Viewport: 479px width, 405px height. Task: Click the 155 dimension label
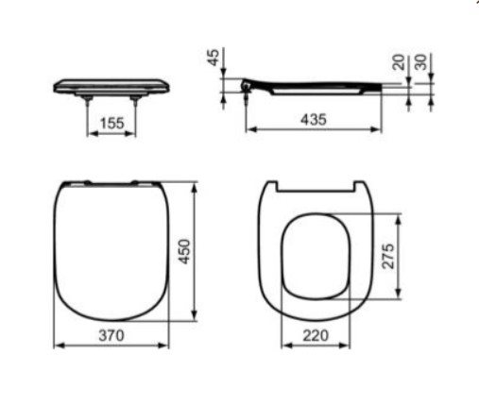pyautogui.click(x=111, y=123)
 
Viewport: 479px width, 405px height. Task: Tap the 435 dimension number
pyautogui.click(x=314, y=120)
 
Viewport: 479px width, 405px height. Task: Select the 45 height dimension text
pyautogui.click(x=214, y=58)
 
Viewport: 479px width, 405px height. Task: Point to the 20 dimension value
pyautogui.click(x=399, y=62)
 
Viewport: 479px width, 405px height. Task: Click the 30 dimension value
pyautogui.click(x=421, y=62)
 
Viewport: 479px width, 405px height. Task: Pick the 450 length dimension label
pyautogui.click(x=184, y=252)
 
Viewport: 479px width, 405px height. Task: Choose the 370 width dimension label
pyautogui.click(x=111, y=335)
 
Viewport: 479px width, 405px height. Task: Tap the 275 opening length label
pyautogui.click(x=388, y=256)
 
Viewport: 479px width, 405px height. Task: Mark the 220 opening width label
pyautogui.click(x=316, y=335)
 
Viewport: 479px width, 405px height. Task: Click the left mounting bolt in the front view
pyautogui.click(x=87, y=100)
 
